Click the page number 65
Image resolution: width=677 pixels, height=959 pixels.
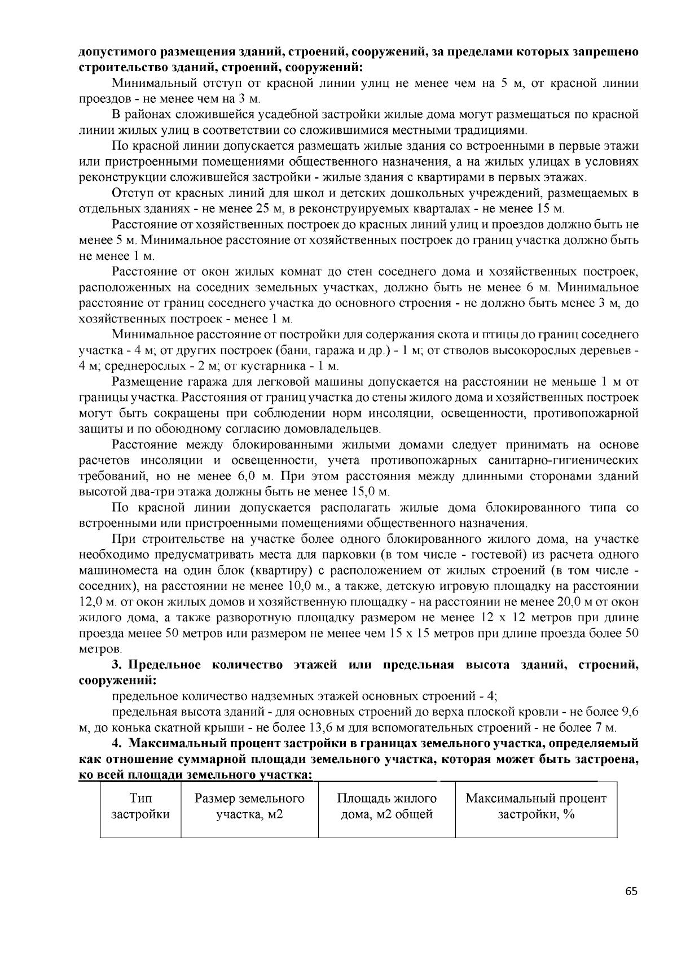coord(631,892)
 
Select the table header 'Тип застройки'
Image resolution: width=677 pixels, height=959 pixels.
coord(140,807)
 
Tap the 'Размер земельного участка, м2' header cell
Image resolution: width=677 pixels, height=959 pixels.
coord(249,807)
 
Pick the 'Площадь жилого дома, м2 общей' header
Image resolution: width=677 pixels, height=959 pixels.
coord(387,807)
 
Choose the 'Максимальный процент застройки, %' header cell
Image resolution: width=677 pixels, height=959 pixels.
coord(536,807)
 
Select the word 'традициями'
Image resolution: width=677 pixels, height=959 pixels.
coord(495,130)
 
